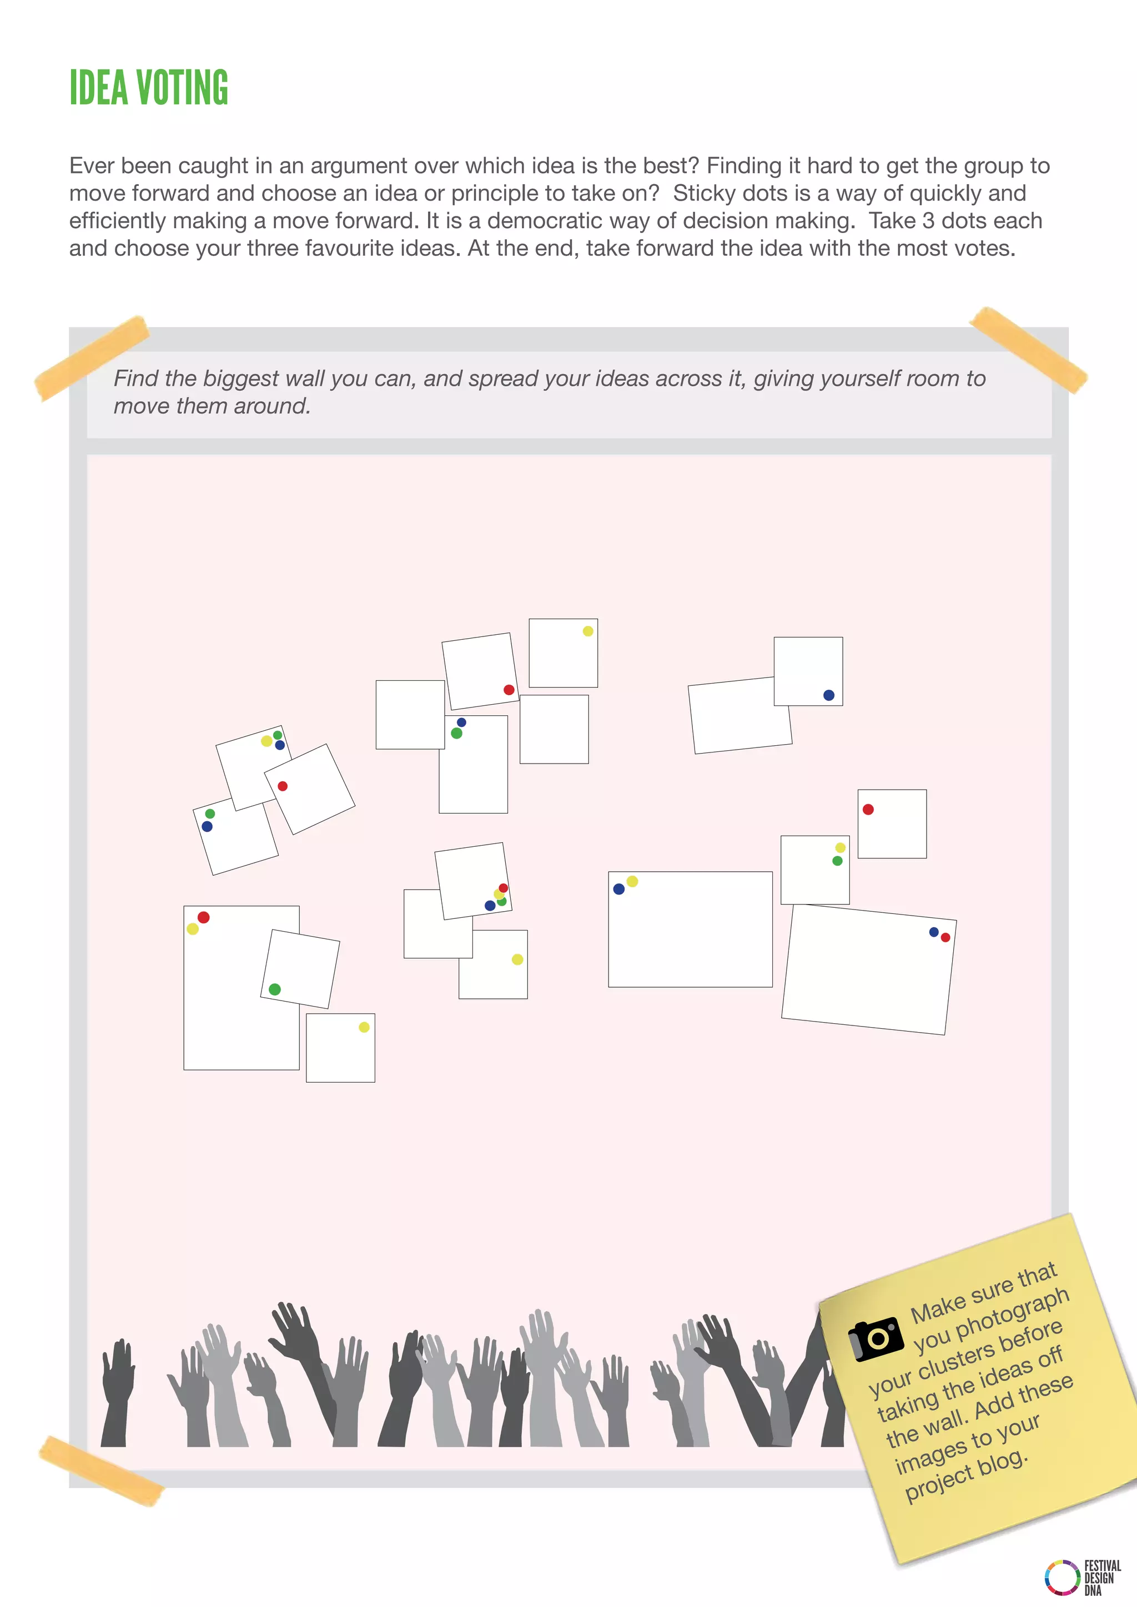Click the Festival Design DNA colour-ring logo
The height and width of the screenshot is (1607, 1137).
(x=1061, y=1576)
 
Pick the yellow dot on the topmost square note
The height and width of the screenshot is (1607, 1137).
(x=588, y=631)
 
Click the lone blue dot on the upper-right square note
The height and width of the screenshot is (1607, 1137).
(x=829, y=695)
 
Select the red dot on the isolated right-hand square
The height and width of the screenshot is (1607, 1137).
(x=868, y=809)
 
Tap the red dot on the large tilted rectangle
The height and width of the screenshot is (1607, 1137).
(x=945, y=937)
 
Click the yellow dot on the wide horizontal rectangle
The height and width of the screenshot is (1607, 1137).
(x=632, y=881)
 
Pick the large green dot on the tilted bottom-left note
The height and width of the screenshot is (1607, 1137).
(x=274, y=989)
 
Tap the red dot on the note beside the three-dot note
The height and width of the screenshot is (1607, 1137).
(x=283, y=786)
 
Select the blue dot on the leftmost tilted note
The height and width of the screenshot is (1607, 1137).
(x=207, y=827)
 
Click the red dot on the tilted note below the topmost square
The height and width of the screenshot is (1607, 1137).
(x=509, y=690)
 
